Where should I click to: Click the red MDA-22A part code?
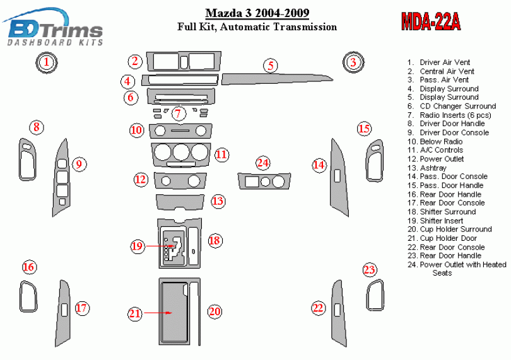point(430,22)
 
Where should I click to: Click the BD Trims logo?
point(54,28)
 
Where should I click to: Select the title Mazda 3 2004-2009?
point(257,13)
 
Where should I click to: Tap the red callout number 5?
point(271,66)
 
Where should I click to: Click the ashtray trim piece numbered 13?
point(180,202)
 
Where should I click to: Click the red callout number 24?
point(262,163)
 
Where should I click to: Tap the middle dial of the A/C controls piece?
point(181,152)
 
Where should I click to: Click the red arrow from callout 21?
point(158,313)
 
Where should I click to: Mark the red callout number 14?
point(319,165)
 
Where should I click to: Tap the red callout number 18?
point(214,241)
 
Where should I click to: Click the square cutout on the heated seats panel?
point(252,182)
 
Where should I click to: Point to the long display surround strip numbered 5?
point(277,79)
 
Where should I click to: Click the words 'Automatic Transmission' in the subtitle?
point(278,26)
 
